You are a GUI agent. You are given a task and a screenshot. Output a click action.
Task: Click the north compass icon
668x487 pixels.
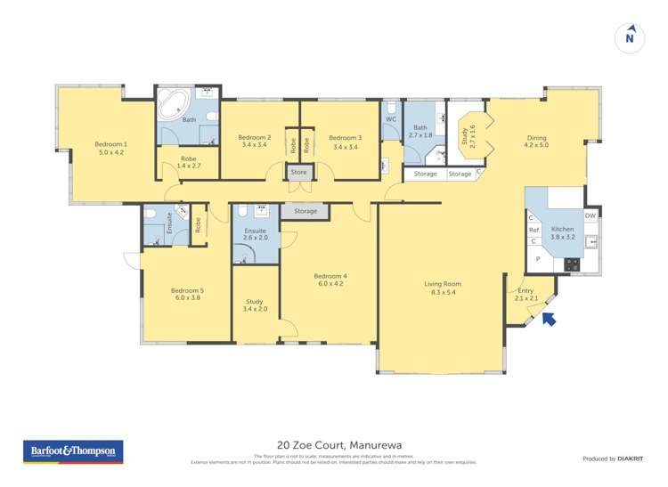click(630, 37)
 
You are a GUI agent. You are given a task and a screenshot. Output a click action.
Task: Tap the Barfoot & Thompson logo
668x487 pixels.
click(73, 452)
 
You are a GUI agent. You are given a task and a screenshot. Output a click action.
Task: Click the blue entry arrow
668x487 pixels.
click(549, 318)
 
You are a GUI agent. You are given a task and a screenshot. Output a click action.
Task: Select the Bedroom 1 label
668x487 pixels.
click(111, 148)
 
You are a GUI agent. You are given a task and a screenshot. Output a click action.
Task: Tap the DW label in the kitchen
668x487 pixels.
click(590, 215)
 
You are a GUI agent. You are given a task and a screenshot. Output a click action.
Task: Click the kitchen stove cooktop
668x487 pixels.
click(571, 264)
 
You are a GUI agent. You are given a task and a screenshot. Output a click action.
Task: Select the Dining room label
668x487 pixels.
click(536, 142)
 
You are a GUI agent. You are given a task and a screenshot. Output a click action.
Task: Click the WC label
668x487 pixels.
click(391, 118)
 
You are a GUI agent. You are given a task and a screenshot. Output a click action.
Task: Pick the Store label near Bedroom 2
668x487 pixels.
click(298, 172)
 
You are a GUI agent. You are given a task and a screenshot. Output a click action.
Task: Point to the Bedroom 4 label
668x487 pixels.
click(330, 280)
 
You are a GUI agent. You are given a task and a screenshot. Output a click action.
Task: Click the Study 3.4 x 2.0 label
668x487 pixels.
click(255, 305)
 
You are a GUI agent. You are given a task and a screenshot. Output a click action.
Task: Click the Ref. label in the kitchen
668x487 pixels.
click(534, 230)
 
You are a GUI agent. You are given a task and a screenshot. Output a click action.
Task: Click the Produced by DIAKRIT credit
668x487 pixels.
click(611, 459)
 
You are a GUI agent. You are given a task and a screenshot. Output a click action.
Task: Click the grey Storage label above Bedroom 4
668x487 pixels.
click(305, 211)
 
